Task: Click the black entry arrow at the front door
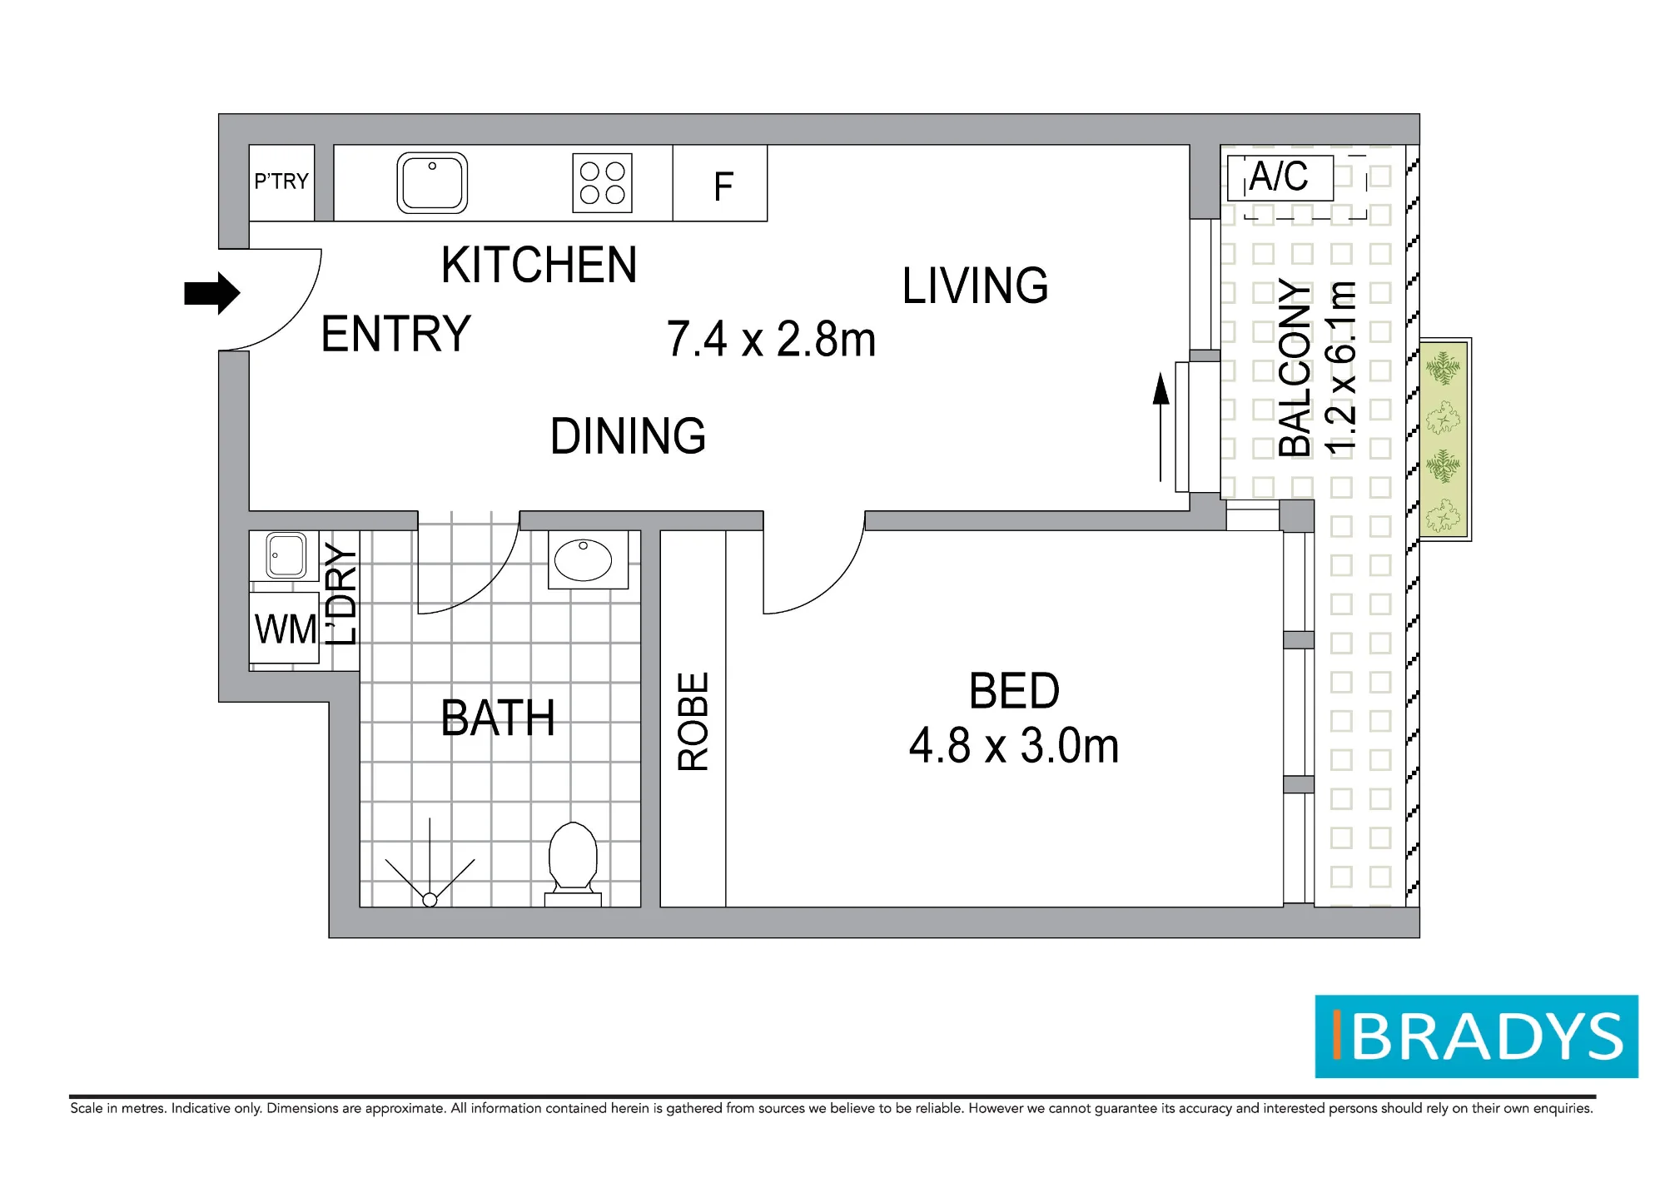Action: [x=212, y=293]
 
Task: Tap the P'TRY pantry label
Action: [x=281, y=181]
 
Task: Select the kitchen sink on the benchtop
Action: [x=432, y=182]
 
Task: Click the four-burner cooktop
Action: [x=602, y=182]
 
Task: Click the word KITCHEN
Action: [x=539, y=265]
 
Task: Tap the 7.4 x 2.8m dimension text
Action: [x=771, y=339]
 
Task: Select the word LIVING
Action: [x=975, y=286]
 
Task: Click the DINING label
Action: [x=628, y=435]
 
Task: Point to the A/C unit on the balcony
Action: [x=1280, y=177]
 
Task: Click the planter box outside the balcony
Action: [x=1444, y=439]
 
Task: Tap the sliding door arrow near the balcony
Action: [x=1161, y=427]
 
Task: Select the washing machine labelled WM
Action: [x=285, y=628]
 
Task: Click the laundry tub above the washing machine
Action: [x=286, y=555]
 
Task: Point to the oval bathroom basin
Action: [x=583, y=560]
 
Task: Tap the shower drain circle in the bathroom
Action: [x=430, y=899]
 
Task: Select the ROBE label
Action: [x=693, y=721]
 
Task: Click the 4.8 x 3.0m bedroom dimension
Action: [x=1014, y=745]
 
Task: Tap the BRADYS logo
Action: [x=1477, y=1036]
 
